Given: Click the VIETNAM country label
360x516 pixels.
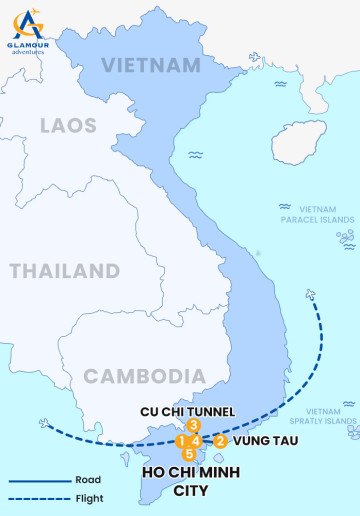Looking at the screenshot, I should [152, 66].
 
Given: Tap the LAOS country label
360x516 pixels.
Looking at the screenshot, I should [68, 125].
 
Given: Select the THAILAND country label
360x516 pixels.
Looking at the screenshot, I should [64, 271].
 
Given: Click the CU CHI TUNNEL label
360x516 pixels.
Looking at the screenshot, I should [187, 411].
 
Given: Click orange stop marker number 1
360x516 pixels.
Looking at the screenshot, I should [182, 441].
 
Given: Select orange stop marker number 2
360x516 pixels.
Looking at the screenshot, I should [221, 440].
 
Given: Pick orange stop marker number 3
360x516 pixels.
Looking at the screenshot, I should [194, 425].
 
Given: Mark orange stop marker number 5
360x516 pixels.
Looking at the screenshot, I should [189, 455].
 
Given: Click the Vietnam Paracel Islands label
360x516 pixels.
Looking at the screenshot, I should [316, 213].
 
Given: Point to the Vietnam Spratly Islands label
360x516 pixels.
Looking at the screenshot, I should [330, 416].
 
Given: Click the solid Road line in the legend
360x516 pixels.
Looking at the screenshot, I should [38, 480].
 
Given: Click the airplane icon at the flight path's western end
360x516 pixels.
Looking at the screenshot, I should [45, 422].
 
